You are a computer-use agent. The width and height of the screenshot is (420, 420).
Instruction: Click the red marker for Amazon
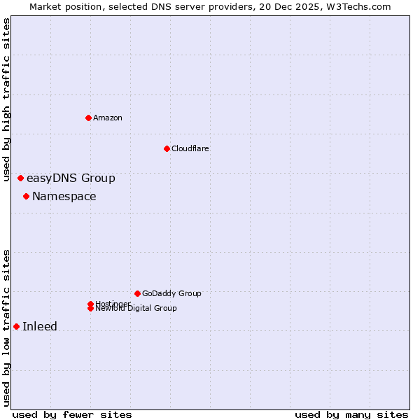(x=88, y=118)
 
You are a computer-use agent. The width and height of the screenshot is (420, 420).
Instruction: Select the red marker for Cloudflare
(x=167, y=148)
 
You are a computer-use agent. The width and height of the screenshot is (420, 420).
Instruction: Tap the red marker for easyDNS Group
(x=20, y=178)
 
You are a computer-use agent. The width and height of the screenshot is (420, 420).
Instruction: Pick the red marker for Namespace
(x=26, y=197)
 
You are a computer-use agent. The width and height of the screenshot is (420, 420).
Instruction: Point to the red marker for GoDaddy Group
(x=137, y=293)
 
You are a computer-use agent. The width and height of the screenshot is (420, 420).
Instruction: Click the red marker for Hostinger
(x=90, y=304)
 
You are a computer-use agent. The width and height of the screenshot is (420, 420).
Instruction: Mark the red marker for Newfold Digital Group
(x=90, y=309)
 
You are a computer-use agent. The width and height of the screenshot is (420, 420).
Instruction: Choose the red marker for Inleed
(x=16, y=327)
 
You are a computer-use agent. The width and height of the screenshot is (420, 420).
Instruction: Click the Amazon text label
(x=108, y=118)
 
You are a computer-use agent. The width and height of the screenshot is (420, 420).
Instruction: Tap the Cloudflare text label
(x=190, y=148)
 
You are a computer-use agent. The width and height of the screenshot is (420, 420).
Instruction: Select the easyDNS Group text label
(x=71, y=178)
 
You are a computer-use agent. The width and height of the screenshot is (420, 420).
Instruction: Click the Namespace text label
(x=64, y=197)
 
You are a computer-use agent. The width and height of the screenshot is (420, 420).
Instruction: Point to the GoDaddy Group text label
(x=171, y=293)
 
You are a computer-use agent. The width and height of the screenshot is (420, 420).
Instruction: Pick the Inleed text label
(x=40, y=327)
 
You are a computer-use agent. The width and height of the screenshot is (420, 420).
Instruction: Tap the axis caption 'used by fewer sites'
(x=72, y=415)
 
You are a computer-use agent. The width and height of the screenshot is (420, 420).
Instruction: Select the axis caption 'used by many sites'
(x=351, y=415)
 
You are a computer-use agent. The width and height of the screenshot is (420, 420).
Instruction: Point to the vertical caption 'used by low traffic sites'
(x=6, y=328)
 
